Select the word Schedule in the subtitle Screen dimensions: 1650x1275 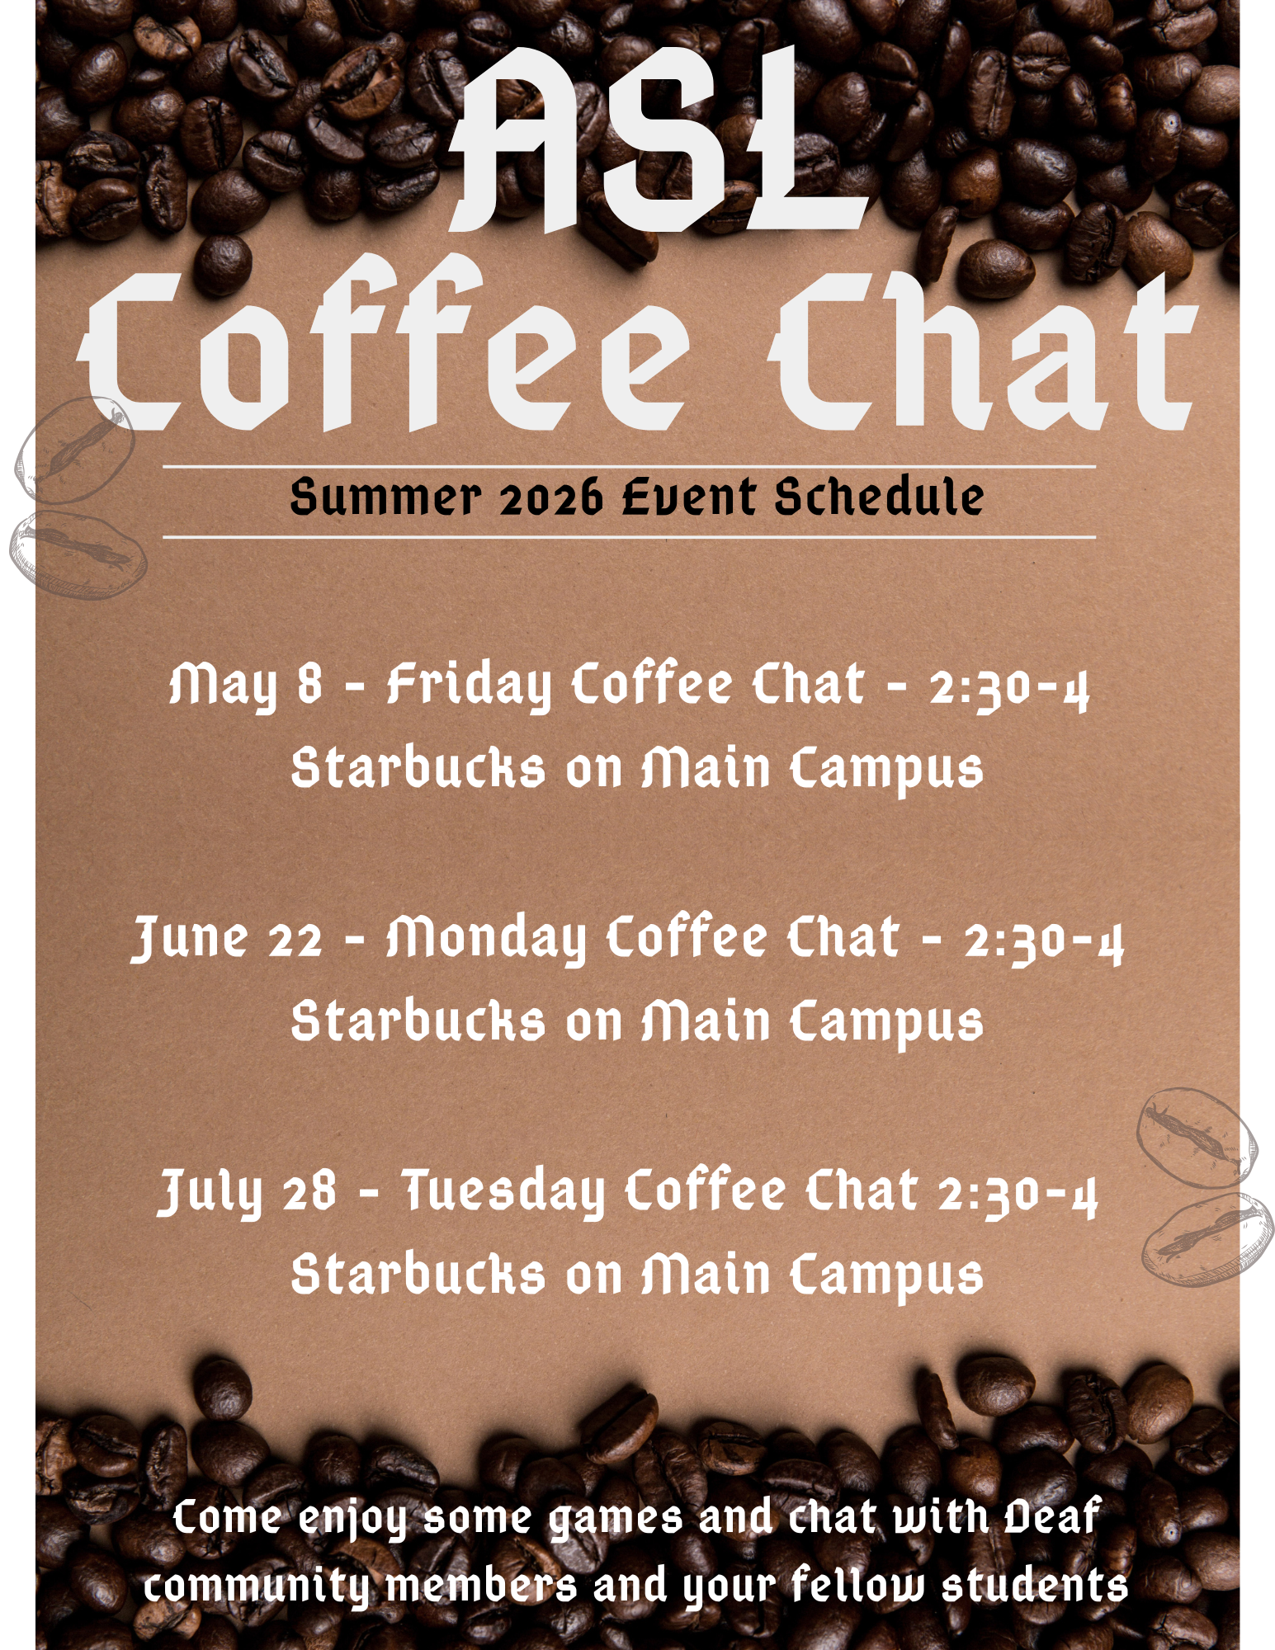click(x=879, y=497)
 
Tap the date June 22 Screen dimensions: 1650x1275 click(x=227, y=939)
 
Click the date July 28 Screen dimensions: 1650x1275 click(x=248, y=1192)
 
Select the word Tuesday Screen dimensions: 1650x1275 click(x=503, y=1192)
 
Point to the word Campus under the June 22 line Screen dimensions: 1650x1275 click(x=887, y=1023)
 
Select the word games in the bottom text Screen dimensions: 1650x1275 click(x=616, y=1518)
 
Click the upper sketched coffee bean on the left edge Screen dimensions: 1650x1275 click(x=74, y=450)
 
